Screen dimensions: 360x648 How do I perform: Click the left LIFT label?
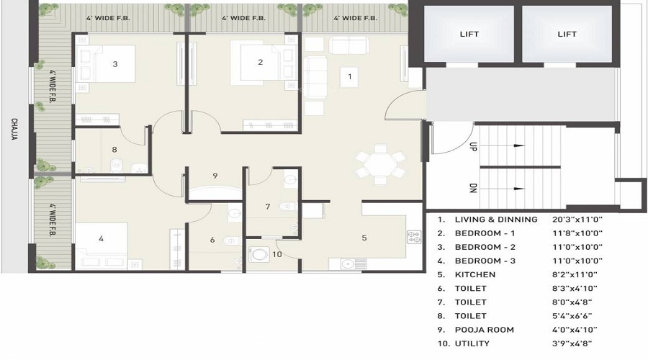pyautogui.click(x=469, y=34)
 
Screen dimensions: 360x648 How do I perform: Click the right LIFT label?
pyautogui.click(x=567, y=34)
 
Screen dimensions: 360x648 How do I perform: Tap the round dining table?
pyautogui.click(x=380, y=166)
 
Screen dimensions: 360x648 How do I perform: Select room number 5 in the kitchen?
pyautogui.click(x=364, y=238)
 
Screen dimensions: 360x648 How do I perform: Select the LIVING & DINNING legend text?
pyautogui.click(x=496, y=220)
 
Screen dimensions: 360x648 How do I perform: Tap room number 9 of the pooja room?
pyautogui.click(x=215, y=176)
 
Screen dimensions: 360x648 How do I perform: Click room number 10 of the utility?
pyautogui.click(x=277, y=254)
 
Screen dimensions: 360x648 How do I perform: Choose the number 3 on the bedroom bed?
pyautogui.click(x=115, y=64)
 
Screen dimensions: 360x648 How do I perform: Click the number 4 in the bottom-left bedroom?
pyautogui.click(x=102, y=238)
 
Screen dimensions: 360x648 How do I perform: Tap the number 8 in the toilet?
pyautogui.click(x=114, y=150)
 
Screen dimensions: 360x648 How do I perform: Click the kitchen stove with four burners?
pyautogui.click(x=413, y=236)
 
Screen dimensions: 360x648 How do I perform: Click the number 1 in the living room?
pyautogui.click(x=350, y=76)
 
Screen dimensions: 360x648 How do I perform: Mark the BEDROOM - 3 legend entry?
pyautogui.click(x=485, y=261)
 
